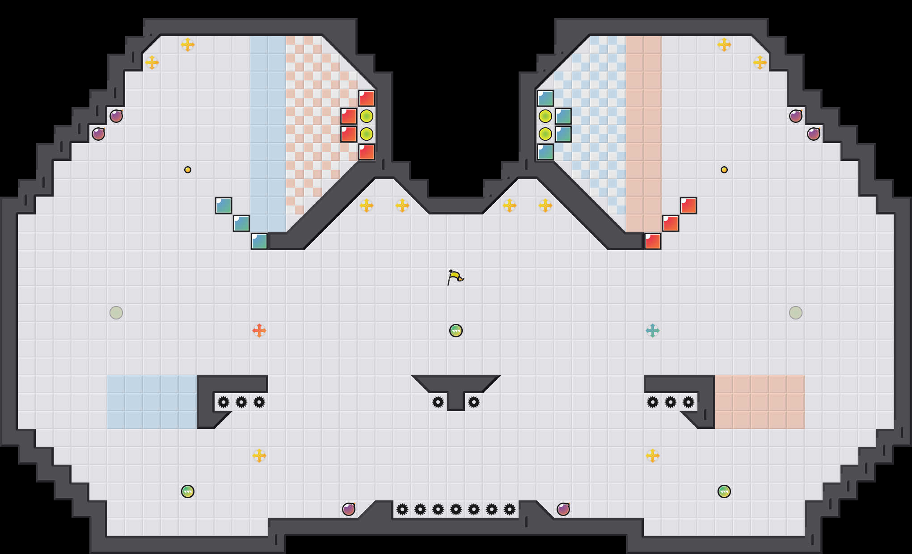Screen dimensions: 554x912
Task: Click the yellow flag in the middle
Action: [455, 277]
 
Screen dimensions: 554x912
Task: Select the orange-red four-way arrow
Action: [259, 331]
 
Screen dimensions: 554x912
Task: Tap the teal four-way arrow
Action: [653, 331]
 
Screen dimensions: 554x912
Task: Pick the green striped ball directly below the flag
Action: [456, 331]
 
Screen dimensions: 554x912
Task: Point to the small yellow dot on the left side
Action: [188, 170]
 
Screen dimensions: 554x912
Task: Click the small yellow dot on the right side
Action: [724, 170]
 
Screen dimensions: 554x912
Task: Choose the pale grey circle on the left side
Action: [116, 313]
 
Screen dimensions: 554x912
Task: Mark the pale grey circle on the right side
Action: [796, 313]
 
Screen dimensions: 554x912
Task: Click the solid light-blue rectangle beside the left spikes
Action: [152, 402]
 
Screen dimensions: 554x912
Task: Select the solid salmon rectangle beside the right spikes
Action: [760, 402]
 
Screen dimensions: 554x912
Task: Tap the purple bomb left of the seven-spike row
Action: [349, 509]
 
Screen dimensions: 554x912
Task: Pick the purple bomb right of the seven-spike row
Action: [563, 509]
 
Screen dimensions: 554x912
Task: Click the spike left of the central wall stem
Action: [438, 402]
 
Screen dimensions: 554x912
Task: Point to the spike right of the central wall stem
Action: [474, 402]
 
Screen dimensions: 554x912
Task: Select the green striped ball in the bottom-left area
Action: [188, 491]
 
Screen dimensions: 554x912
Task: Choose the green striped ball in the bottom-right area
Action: [724, 491]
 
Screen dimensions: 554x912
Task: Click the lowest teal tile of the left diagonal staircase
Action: [259, 241]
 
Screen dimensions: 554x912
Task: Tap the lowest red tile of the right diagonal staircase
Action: [653, 241]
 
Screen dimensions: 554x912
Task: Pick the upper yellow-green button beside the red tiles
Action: [367, 116]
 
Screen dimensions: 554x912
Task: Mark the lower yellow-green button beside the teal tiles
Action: [545, 134]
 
